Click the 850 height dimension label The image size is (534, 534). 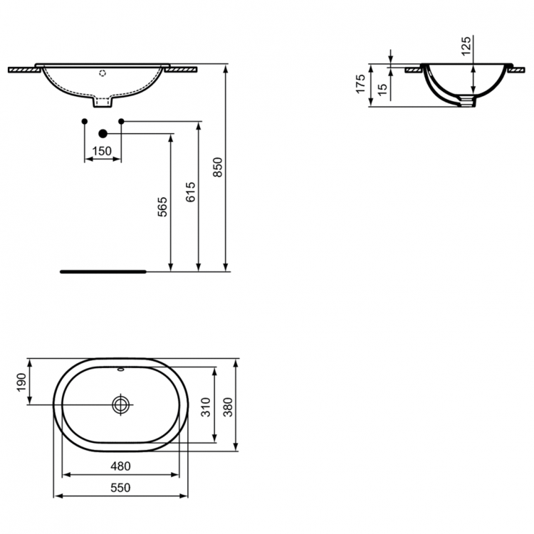tap(219, 167)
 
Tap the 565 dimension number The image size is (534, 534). tap(163, 207)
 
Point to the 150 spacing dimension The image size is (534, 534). tap(103, 150)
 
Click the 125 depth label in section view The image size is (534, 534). tap(466, 46)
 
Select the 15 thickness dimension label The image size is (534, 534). tap(382, 90)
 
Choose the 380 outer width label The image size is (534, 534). tap(229, 404)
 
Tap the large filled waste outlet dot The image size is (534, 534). tap(103, 132)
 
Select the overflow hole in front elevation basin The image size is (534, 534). tap(103, 72)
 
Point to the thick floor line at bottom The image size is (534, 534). tap(103, 271)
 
